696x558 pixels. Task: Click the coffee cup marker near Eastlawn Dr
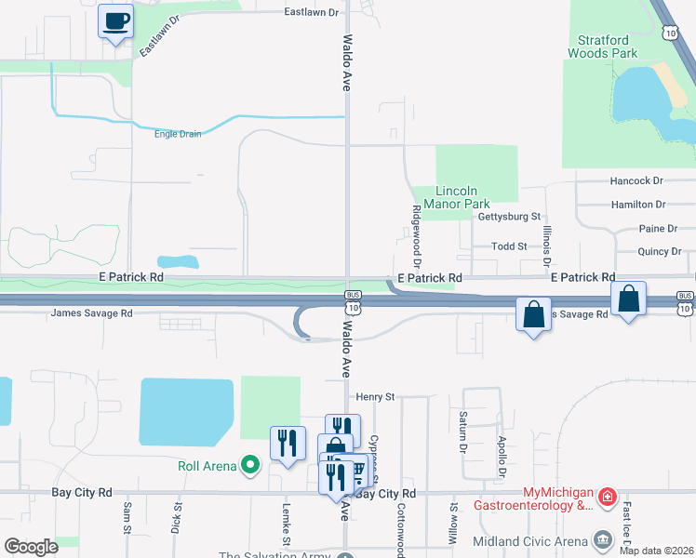115,20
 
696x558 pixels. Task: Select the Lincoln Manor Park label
456,197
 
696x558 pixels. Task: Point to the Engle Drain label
178,134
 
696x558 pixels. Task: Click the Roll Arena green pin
248,464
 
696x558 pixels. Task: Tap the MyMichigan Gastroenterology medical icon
607,498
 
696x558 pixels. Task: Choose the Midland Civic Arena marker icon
602,539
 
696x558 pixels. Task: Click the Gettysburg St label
509,217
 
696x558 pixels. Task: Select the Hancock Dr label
636,181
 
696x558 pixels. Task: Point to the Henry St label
375,396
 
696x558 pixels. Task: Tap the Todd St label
509,246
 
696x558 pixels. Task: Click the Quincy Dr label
660,251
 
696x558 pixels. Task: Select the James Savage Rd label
92,313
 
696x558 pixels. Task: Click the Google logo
31,547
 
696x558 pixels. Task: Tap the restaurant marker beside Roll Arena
288,442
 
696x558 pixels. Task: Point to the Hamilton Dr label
638,205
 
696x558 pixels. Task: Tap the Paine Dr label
658,229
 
